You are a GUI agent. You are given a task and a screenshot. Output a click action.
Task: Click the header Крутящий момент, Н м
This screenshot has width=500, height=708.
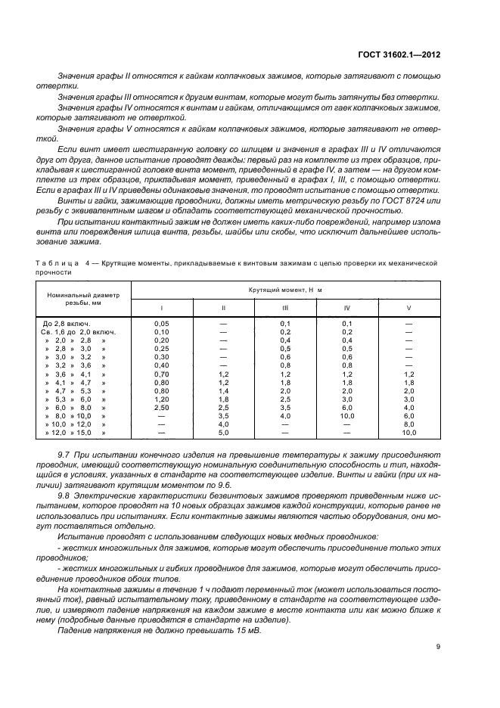point(284,290)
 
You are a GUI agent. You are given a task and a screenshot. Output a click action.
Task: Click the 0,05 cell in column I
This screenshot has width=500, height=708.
point(161,323)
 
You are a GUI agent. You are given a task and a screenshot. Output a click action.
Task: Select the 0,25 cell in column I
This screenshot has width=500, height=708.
point(161,348)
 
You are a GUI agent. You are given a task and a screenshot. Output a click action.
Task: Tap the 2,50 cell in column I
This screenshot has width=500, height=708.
point(161,407)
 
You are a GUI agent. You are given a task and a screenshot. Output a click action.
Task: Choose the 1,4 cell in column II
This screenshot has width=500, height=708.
point(223,390)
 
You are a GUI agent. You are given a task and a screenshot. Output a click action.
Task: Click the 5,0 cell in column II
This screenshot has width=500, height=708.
point(223,433)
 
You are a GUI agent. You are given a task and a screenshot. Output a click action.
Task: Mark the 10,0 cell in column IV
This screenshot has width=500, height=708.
point(346,416)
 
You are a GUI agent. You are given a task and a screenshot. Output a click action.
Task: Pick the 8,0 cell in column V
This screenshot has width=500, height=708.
point(408,424)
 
